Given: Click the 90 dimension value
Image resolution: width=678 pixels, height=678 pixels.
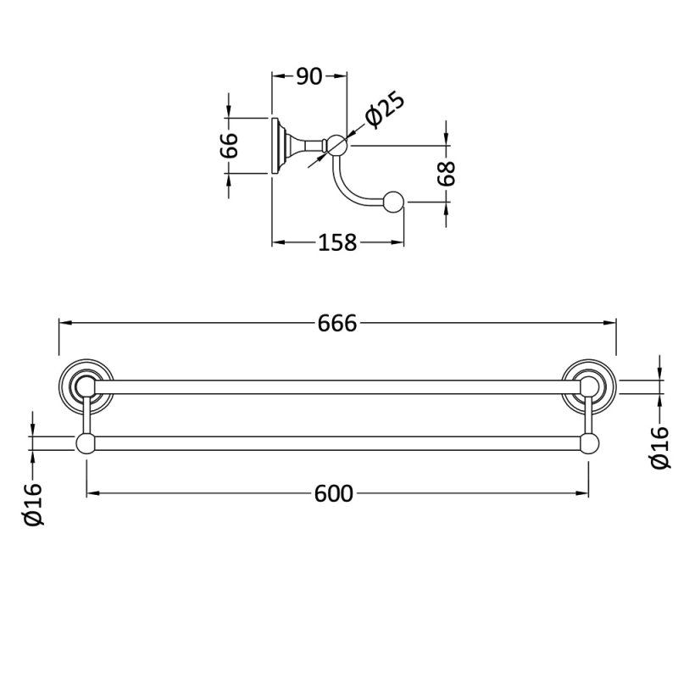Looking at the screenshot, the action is [x=309, y=76].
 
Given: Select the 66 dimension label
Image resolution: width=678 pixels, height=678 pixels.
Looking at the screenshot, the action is [x=229, y=145].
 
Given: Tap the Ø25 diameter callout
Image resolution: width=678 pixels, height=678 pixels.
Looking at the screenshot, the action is [x=385, y=110].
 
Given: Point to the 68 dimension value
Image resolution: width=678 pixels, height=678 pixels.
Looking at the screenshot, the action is [x=447, y=173].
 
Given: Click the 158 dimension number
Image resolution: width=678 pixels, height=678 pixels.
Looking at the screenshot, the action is [x=337, y=242].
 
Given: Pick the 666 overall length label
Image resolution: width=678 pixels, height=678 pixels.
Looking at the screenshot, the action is [x=337, y=323].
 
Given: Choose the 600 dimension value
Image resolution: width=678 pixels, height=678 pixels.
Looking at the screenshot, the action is [x=333, y=493].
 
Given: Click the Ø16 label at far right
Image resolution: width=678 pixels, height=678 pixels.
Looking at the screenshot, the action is [x=660, y=447].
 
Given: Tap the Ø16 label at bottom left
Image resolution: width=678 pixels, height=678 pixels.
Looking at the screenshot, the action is [x=34, y=503].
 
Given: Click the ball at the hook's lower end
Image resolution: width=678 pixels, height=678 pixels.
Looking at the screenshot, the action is [x=393, y=202].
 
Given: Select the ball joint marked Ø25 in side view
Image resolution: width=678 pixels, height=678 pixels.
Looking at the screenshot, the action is [x=336, y=145].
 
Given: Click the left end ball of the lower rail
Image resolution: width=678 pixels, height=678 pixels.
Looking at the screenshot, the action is [x=86, y=443].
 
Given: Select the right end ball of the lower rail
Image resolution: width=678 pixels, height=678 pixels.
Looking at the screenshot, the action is [x=589, y=443].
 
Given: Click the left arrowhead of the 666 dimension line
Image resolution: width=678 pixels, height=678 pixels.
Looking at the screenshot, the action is [x=65, y=323].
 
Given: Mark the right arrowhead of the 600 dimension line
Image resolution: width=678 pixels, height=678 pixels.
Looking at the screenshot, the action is [x=582, y=493].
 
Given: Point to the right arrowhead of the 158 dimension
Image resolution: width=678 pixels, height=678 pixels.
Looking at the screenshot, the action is [x=397, y=242].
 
